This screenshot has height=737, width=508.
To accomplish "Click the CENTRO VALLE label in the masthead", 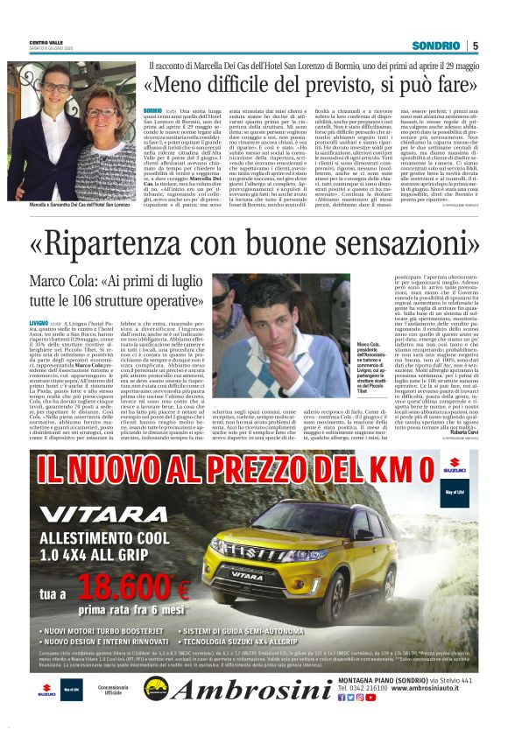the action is [x=46, y=43].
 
